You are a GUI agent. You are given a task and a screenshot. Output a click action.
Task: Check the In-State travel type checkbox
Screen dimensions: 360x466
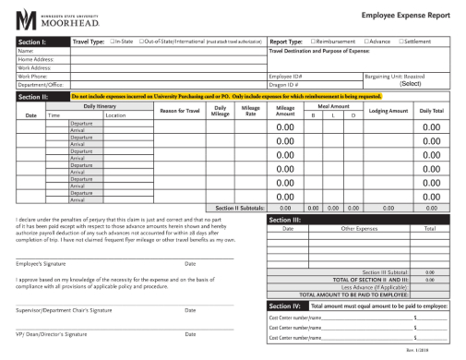[x=112, y=42]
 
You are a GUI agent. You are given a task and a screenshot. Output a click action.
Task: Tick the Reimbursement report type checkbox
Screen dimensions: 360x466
[x=315, y=42]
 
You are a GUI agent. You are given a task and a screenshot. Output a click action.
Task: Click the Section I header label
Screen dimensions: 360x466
[x=33, y=42]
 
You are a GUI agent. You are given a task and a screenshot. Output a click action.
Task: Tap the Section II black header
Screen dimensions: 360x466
[x=33, y=96]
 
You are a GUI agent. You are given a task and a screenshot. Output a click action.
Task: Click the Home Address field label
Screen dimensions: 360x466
[x=32, y=59]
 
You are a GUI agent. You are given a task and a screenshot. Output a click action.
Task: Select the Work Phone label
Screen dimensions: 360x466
[x=30, y=76]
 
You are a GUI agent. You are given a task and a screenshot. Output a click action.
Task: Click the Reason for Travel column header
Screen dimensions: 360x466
[x=179, y=111]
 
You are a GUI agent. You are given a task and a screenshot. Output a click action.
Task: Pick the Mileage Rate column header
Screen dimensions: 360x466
[x=250, y=111]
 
